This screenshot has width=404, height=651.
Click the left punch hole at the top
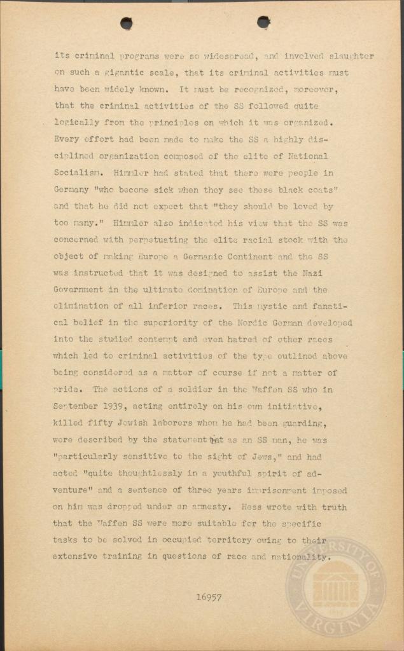click(x=127, y=24)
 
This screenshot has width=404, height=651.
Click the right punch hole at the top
click(x=263, y=22)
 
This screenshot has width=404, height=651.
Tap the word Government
click(x=81, y=290)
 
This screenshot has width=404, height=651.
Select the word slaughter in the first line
click(x=350, y=56)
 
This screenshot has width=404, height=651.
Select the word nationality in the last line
click(x=299, y=557)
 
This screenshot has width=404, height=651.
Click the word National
click(x=306, y=156)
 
